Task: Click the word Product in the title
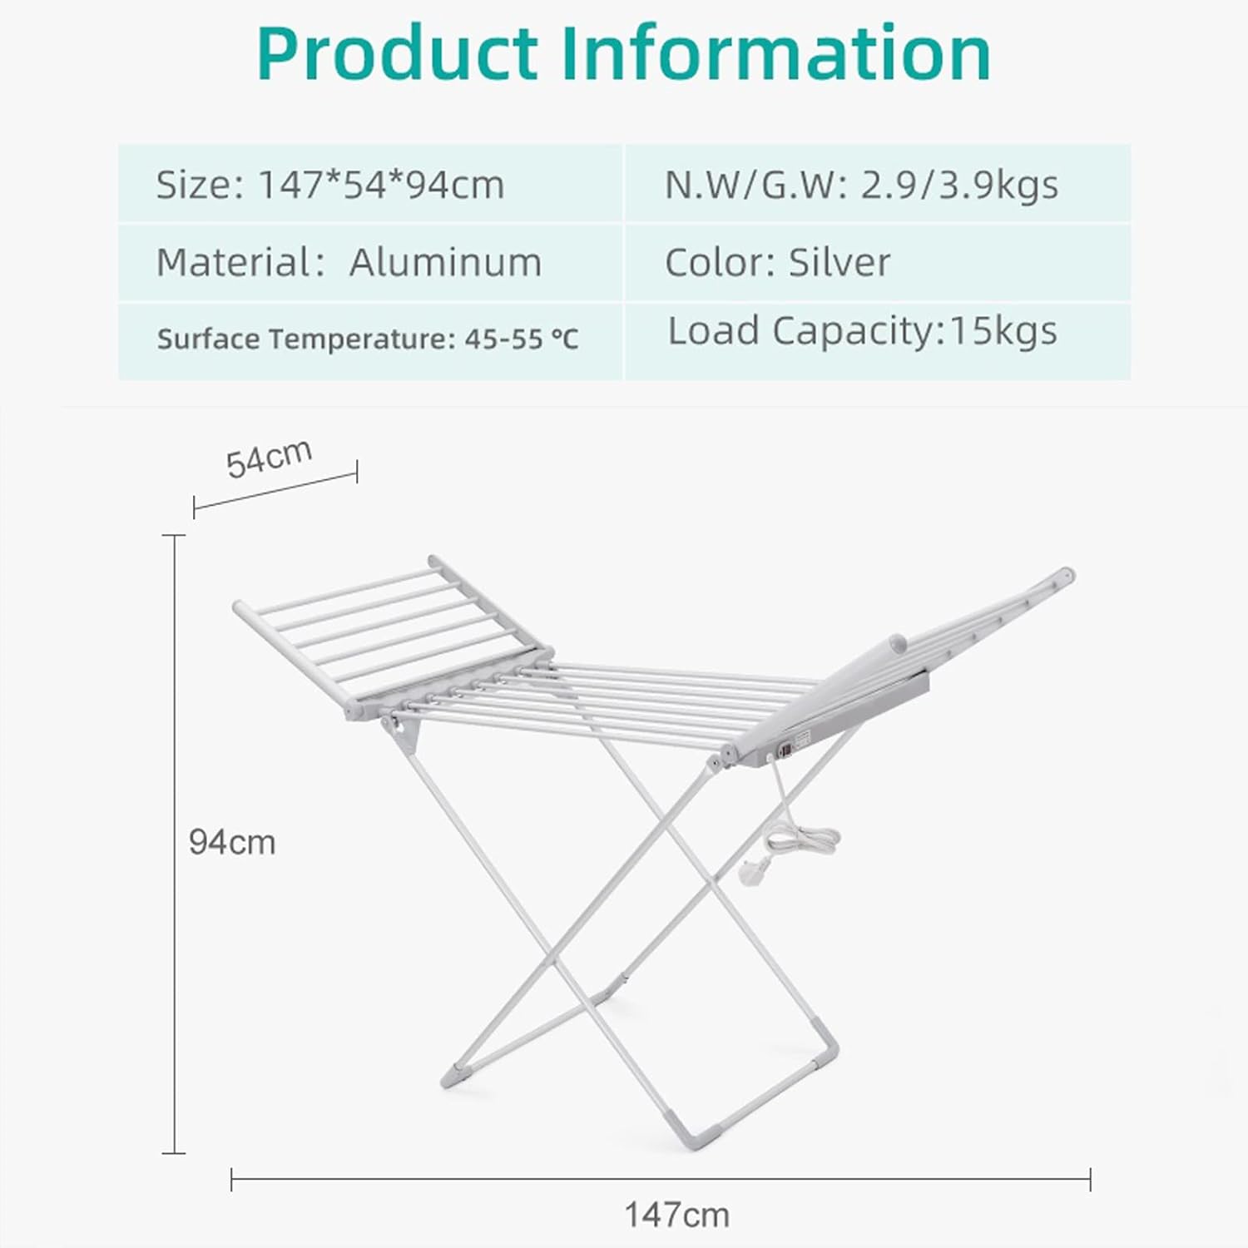click(398, 55)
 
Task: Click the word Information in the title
click(776, 53)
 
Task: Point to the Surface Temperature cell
click(367, 339)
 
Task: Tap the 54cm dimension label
click(269, 458)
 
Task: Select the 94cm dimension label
click(231, 843)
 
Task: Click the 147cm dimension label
click(676, 1216)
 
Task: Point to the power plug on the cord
click(747, 872)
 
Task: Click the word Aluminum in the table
click(445, 263)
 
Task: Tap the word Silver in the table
click(839, 263)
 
